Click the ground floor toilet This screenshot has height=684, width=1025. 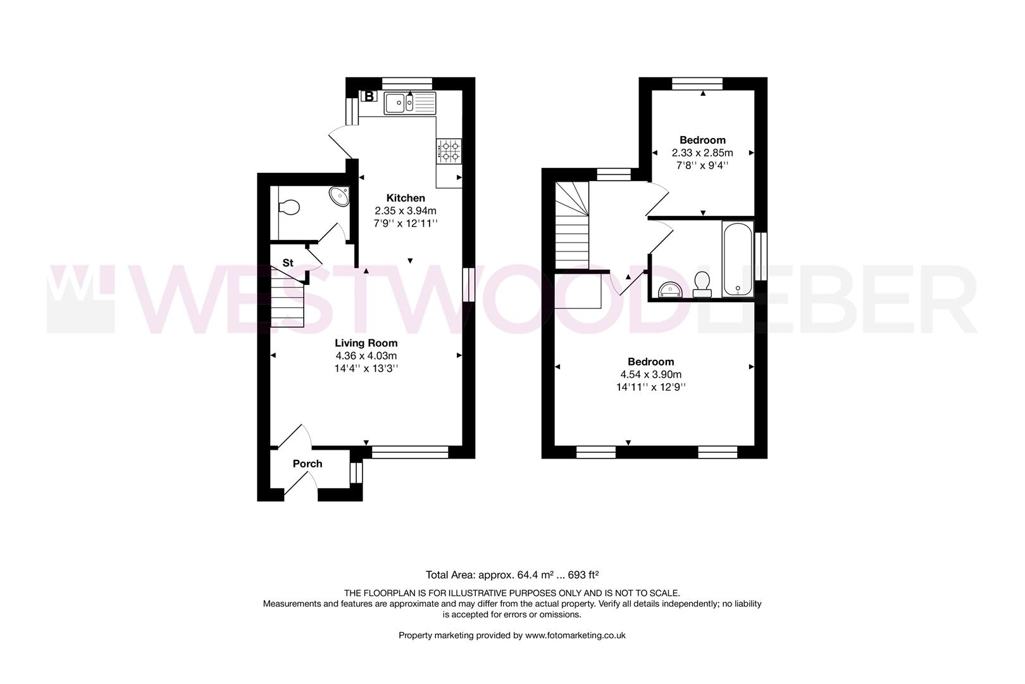click(289, 207)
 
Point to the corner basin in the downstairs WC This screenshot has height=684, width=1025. click(340, 196)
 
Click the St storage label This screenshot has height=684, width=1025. click(288, 262)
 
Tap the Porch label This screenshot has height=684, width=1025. click(307, 464)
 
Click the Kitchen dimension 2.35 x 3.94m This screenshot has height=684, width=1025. click(406, 211)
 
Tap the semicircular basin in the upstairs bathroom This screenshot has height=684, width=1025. click(669, 290)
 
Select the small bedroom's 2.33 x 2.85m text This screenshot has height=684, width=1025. click(702, 153)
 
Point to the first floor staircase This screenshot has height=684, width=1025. click(572, 225)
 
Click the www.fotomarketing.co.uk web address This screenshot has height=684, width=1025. click(575, 635)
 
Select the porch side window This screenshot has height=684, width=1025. click(356, 473)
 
